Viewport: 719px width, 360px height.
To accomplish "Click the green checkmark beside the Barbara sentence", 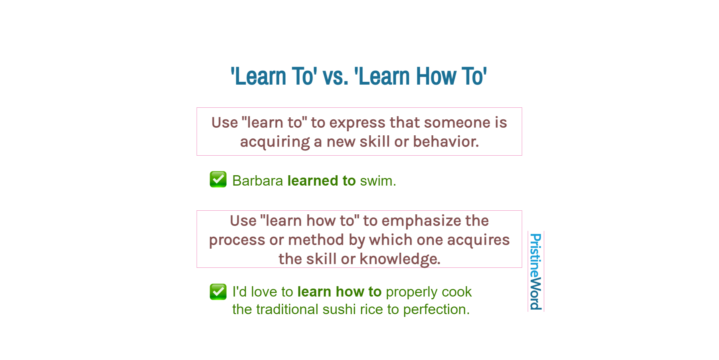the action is pos(218,180).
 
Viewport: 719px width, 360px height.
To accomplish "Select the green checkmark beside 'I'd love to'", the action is pos(218,292).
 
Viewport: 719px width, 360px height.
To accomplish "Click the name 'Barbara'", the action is pos(258,181).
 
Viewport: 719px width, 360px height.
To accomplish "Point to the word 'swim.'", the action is pos(378,181).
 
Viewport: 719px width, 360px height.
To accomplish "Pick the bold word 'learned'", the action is pos(313,181).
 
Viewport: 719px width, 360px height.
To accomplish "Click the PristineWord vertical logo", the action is pos(535,271).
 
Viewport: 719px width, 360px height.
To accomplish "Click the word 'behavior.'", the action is pos(446,142).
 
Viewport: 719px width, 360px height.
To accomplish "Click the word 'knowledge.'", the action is pos(400,259).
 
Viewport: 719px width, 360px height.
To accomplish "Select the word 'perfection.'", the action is pos(437,309).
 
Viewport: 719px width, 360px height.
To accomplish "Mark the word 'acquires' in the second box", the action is pos(478,240).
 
